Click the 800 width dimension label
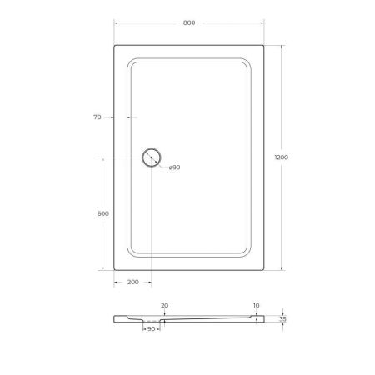coord(188,22)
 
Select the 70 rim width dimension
coord(97,117)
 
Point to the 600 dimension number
coord(103,214)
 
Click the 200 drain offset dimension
coord(132,282)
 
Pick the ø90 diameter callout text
coord(175,167)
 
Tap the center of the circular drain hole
coord(152,157)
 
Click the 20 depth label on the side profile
coord(164,306)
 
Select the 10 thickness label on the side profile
coord(255,306)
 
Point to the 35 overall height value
coord(283,319)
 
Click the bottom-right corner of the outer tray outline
coord(265,270)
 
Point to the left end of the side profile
coord(113,318)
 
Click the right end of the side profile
coord(264,319)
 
